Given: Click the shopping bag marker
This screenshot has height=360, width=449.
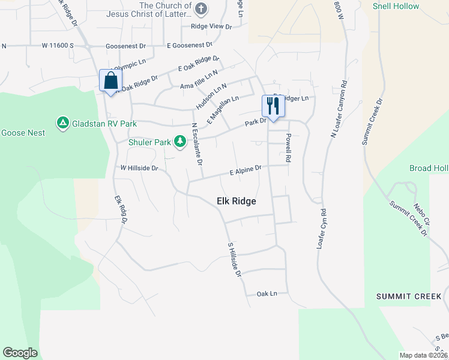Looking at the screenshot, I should tap(111, 81).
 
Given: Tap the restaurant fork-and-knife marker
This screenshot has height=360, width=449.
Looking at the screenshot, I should tap(272, 107).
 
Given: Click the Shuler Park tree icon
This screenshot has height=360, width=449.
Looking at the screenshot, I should tap(179, 142).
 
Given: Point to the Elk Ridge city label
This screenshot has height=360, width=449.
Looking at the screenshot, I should tap(236, 202).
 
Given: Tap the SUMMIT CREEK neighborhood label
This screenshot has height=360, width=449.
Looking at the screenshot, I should tap(408, 296).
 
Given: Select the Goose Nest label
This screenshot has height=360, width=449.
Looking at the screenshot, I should tap(23, 133).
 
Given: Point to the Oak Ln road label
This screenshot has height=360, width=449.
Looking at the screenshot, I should tap(267, 293).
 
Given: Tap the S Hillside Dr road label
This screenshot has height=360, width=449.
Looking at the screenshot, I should tap(234, 260).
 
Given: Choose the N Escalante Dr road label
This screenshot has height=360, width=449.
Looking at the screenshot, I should tap(196, 144).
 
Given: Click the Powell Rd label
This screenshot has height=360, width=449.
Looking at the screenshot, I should tap(288, 148).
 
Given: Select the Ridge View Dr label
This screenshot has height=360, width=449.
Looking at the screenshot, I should tap(211, 26).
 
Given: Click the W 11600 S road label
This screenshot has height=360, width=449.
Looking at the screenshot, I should tap(58, 46).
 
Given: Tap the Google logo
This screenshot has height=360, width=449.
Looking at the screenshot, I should tap(20, 352).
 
